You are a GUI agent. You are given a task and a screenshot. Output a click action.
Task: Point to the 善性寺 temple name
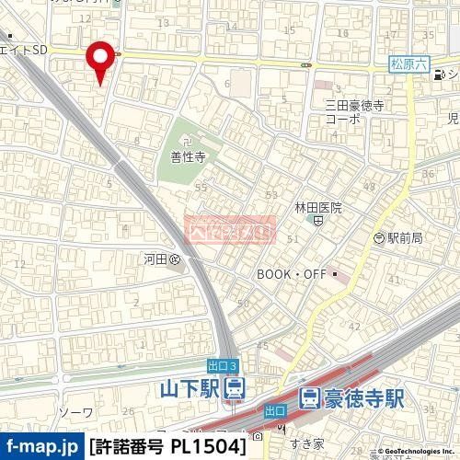pyautogui.click(x=187, y=156)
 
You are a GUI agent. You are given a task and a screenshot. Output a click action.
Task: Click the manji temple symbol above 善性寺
pyautogui.click(x=187, y=142)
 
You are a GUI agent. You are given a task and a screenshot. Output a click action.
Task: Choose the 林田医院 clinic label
pyautogui.click(x=317, y=208)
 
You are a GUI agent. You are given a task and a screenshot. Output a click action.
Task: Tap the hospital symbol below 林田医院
pyautogui.click(x=317, y=221)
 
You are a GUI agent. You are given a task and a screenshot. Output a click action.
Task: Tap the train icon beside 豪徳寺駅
pyautogui.click(x=310, y=398)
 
